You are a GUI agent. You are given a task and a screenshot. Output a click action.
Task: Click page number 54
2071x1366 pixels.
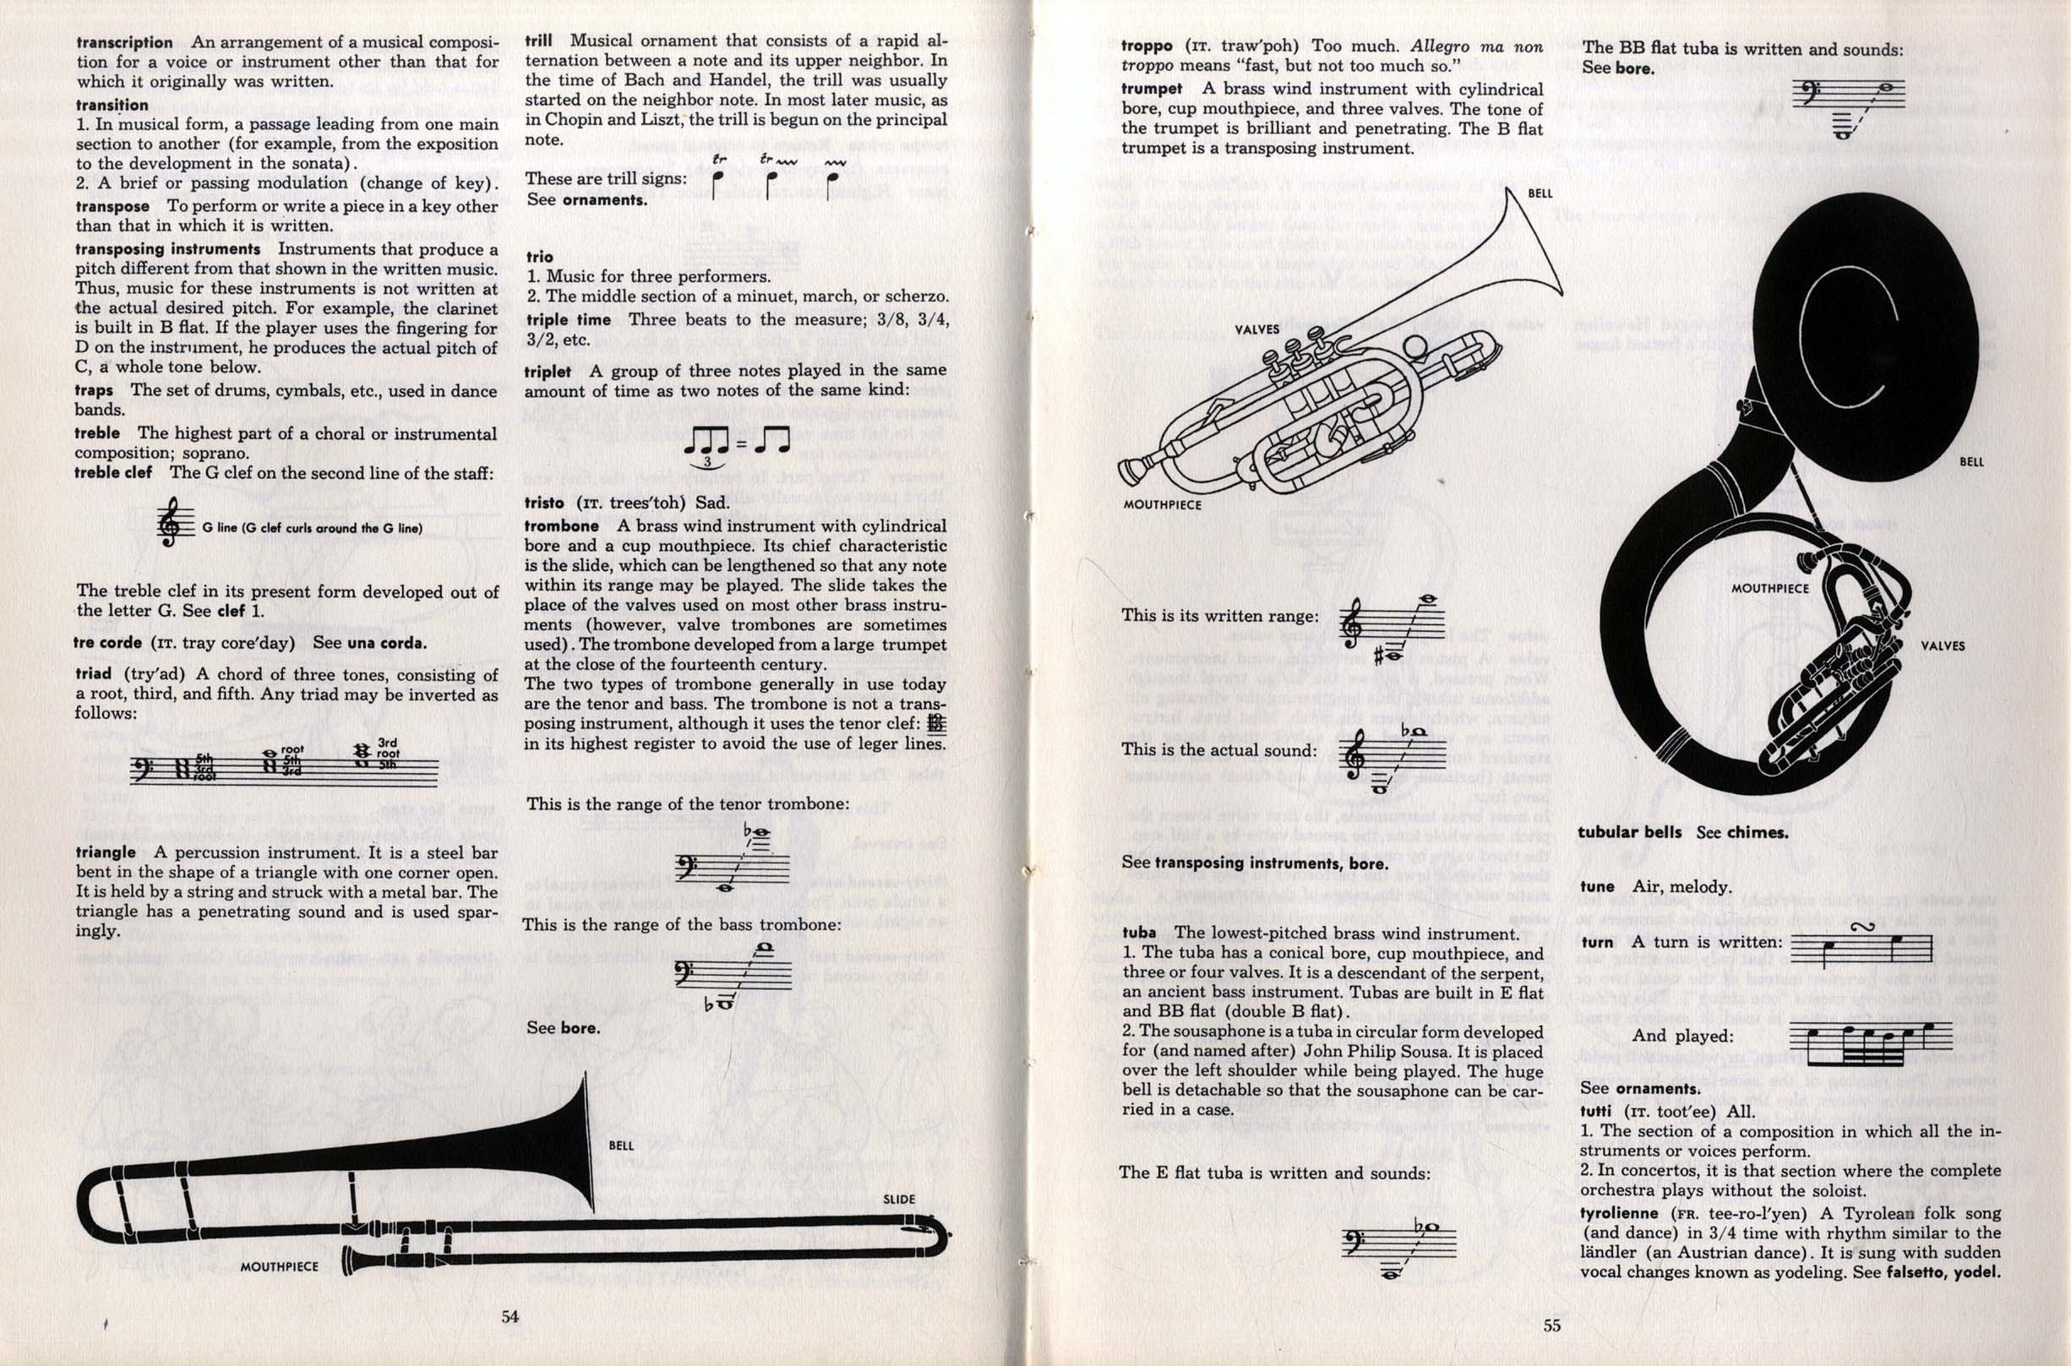tap(510, 1316)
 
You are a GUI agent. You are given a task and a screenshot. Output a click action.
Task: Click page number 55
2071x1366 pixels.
tap(1551, 1326)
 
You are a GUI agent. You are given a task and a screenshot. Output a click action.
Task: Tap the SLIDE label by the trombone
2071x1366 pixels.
tap(899, 1199)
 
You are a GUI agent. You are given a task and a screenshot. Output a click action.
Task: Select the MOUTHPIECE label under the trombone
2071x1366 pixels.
tap(280, 1265)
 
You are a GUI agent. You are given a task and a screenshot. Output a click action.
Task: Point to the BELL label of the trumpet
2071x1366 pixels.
tap(1540, 193)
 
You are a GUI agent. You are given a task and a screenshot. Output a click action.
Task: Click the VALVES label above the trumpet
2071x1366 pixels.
tap(1257, 329)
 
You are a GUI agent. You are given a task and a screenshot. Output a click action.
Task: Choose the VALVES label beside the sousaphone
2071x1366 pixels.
tap(1943, 645)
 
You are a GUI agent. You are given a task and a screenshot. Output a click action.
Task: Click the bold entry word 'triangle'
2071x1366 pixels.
tap(106, 852)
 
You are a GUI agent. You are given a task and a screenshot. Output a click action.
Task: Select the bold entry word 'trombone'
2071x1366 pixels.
tap(561, 526)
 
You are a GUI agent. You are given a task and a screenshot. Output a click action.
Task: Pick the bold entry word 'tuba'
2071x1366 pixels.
tap(1139, 933)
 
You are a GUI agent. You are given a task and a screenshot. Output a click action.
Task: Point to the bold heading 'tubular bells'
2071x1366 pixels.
tap(1629, 832)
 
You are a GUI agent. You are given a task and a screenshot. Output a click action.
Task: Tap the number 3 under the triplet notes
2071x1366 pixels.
tap(706, 462)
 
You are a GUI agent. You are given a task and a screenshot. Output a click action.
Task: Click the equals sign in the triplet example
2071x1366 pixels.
tap(741, 444)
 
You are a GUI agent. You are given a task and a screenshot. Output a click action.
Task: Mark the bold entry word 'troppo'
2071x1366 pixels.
tap(1147, 47)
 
